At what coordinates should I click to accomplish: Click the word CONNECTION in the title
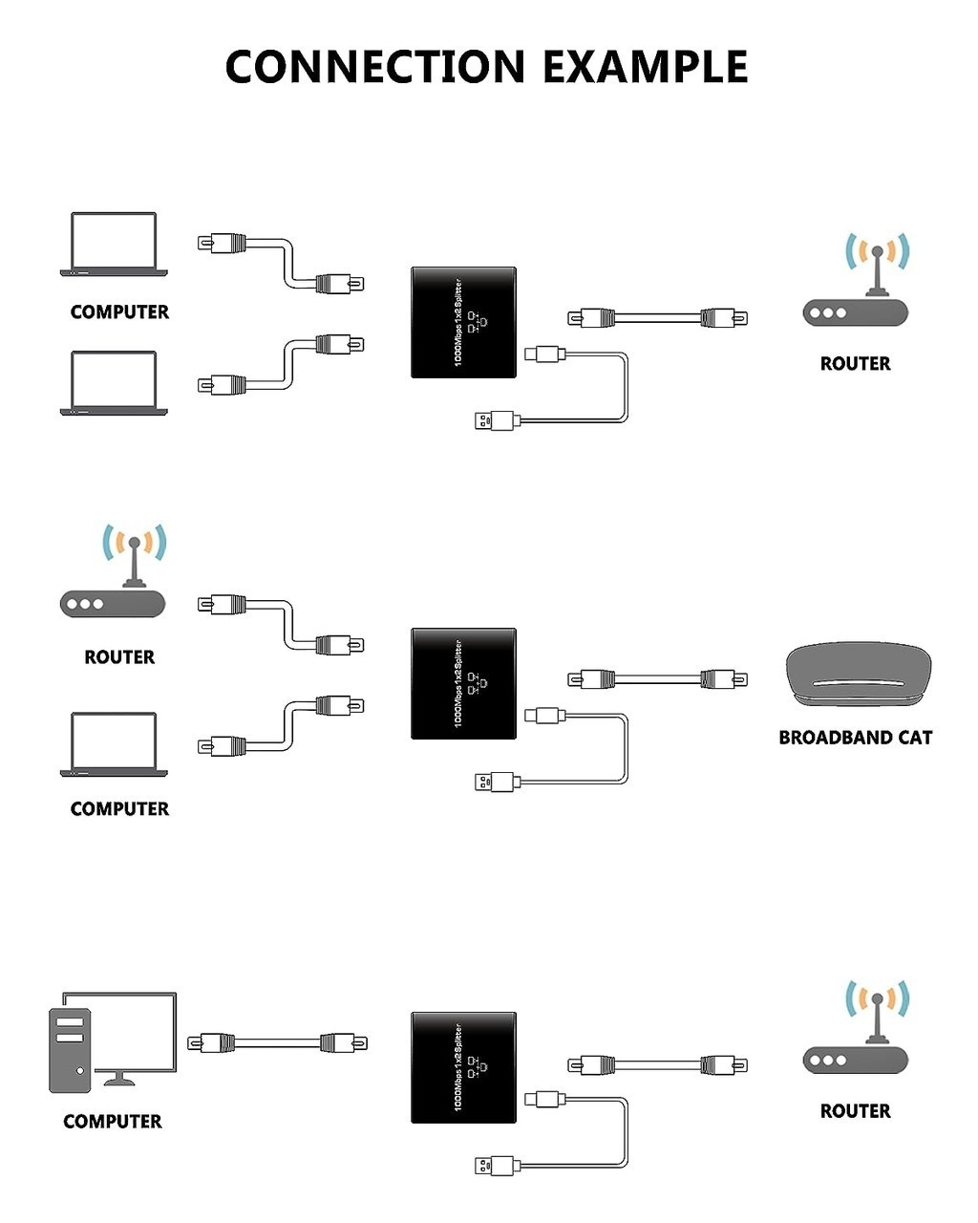click(374, 66)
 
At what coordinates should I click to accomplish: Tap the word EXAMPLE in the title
click(646, 66)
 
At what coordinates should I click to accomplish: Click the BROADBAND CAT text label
click(855, 738)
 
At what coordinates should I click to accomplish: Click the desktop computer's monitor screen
click(134, 1032)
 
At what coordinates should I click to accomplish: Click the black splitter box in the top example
click(463, 322)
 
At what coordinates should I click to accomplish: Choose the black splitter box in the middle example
click(463, 683)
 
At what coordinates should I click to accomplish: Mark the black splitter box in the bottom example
click(463, 1067)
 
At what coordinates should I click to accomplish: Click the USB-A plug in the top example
click(496, 419)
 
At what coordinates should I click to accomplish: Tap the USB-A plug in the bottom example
click(496, 1166)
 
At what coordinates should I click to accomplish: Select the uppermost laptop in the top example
click(115, 244)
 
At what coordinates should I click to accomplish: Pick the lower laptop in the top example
click(115, 382)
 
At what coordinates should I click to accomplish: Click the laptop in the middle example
click(115, 744)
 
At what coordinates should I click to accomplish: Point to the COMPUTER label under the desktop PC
click(113, 1122)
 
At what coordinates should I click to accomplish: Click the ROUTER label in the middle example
click(119, 657)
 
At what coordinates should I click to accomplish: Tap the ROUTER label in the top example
click(855, 364)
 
